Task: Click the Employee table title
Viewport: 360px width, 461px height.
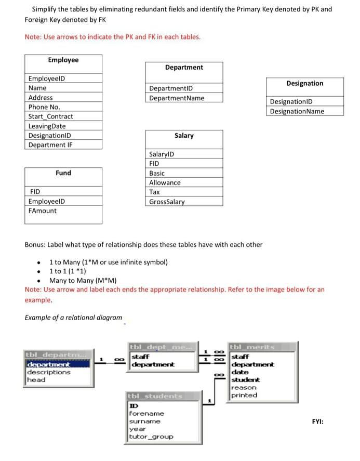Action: (63, 60)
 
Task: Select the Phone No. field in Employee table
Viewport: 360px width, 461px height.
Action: (44, 107)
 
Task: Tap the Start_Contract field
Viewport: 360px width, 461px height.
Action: (50, 116)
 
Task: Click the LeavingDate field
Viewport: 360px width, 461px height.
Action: (47, 126)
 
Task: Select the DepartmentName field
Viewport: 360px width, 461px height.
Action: (177, 98)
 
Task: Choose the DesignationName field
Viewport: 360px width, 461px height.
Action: (297, 111)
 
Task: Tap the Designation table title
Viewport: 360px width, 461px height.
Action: (304, 83)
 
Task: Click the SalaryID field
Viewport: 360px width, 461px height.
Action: (162, 154)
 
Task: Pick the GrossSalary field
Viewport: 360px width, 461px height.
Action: (166, 202)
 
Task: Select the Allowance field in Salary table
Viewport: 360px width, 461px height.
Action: (165, 183)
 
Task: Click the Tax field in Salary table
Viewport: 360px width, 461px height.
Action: (154, 192)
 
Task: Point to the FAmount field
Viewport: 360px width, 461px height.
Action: (43, 210)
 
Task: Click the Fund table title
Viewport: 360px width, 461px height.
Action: (63, 173)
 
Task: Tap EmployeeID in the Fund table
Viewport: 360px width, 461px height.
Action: (47, 201)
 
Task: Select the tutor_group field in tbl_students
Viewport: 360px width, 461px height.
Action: (151, 437)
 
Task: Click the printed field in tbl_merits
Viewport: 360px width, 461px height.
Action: (244, 395)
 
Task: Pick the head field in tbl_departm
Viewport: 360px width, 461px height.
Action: (36, 379)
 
